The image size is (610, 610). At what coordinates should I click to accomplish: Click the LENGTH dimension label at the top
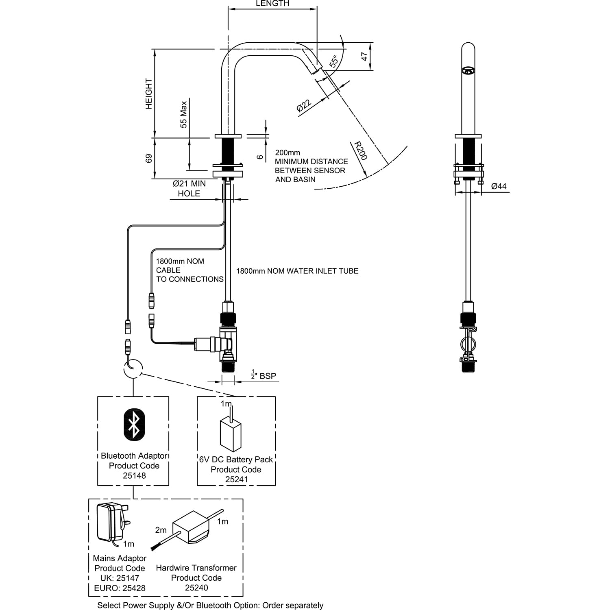(272, 4)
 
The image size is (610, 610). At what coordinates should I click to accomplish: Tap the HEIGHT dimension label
(149, 94)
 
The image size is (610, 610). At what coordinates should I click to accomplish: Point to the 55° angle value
(334, 61)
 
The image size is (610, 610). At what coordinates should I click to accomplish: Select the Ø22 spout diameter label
(304, 105)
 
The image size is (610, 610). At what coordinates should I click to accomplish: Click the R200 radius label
(360, 150)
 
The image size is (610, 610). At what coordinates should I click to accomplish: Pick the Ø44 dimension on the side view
(499, 186)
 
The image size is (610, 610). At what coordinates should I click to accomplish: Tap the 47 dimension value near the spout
(365, 56)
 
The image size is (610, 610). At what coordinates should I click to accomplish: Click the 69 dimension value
(149, 158)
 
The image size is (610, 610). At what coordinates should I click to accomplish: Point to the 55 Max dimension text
(184, 115)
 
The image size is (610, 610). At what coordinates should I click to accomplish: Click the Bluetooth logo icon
(134, 424)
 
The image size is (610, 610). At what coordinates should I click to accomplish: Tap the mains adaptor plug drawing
(112, 523)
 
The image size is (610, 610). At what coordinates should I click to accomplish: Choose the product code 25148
(134, 475)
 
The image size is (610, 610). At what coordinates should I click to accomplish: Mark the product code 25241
(236, 479)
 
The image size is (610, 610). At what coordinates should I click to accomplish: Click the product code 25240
(196, 588)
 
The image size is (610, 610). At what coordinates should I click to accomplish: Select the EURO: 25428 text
(120, 588)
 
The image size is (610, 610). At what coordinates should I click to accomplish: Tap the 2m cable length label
(161, 530)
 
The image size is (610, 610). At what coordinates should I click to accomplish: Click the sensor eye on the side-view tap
(468, 72)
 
